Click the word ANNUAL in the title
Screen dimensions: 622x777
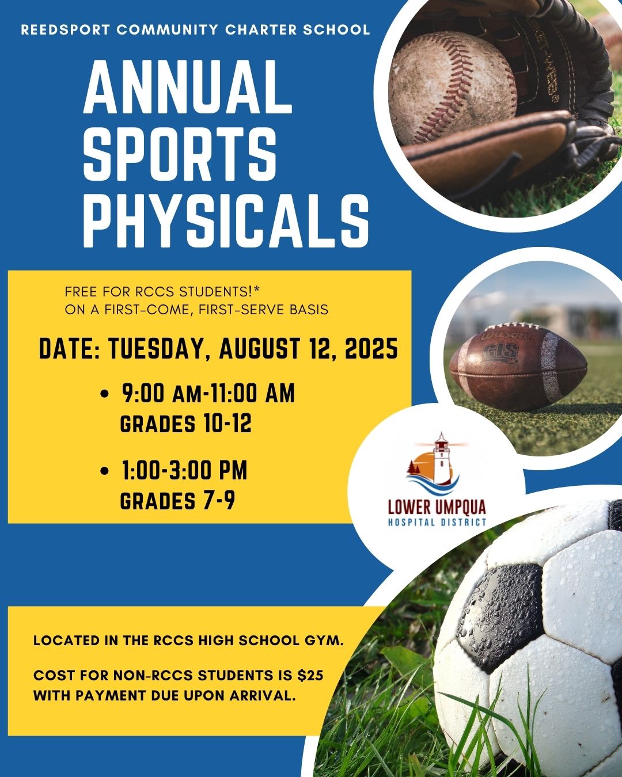pyautogui.click(x=188, y=87)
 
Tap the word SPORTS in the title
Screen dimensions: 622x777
pyautogui.click(x=180, y=154)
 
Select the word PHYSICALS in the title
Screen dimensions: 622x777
pyautogui.click(x=226, y=220)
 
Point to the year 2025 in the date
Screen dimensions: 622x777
pyautogui.click(x=371, y=348)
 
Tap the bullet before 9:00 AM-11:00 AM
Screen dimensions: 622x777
pyautogui.click(x=104, y=394)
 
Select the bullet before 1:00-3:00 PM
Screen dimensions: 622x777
pyautogui.click(x=104, y=471)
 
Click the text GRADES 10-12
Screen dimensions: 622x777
pyautogui.click(x=185, y=424)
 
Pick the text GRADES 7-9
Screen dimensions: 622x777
pyautogui.click(x=177, y=501)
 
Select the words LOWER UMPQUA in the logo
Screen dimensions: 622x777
pyautogui.click(x=437, y=507)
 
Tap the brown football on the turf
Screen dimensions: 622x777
pyautogui.click(x=518, y=367)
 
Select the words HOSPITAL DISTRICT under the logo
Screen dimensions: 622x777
pyautogui.click(x=437, y=522)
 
